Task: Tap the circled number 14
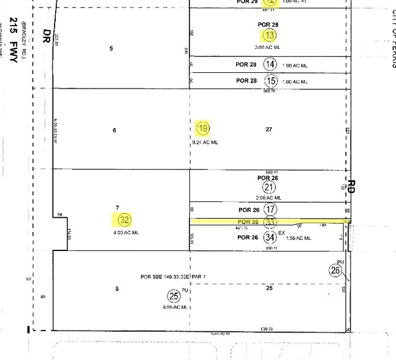[x=270, y=64]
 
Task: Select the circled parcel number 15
[x=270, y=80]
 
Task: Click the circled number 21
[x=268, y=187]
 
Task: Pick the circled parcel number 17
[x=269, y=209]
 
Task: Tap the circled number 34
[x=269, y=237]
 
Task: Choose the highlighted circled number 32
[x=125, y=219]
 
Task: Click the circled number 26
[x=335, y=269]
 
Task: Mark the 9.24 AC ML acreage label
[x=205, y=143]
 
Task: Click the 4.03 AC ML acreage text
[x=126, y=233]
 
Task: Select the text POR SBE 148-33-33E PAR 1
[x=174, y=276]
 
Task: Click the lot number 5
[x=111, y=48]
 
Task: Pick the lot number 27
[x=268, y=129]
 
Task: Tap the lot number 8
[x=117, y=289]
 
